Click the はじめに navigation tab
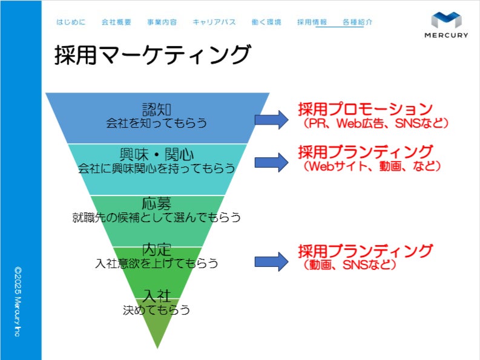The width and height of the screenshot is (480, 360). [71, 22]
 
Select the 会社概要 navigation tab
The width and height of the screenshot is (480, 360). [116, 22]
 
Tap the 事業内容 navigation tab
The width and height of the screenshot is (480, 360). [162, 22]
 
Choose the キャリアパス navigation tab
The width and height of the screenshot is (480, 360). [214, 22]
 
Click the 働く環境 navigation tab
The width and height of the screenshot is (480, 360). [266, 22]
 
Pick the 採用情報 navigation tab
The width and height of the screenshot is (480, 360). [312, 22]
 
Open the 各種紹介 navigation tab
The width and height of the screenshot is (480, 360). [358, 22]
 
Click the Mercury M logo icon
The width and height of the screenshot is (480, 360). [446, 20]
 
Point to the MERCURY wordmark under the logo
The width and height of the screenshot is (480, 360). [446, 35]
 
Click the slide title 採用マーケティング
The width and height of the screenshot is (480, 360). [153, 55]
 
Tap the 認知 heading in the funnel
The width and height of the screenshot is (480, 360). [156, 110]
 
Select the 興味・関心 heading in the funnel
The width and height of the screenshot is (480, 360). [156, 154]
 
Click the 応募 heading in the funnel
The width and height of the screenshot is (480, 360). [156, 203]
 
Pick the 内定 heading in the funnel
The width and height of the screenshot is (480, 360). [156, 249]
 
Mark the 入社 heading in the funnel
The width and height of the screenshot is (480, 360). [156, 296]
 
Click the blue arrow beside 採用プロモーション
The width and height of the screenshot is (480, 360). [271, 120]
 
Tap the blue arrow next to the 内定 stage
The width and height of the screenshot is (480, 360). [271, 262]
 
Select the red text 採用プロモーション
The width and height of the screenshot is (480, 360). [366, 109]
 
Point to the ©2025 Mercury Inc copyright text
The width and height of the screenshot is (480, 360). [18, 302]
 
